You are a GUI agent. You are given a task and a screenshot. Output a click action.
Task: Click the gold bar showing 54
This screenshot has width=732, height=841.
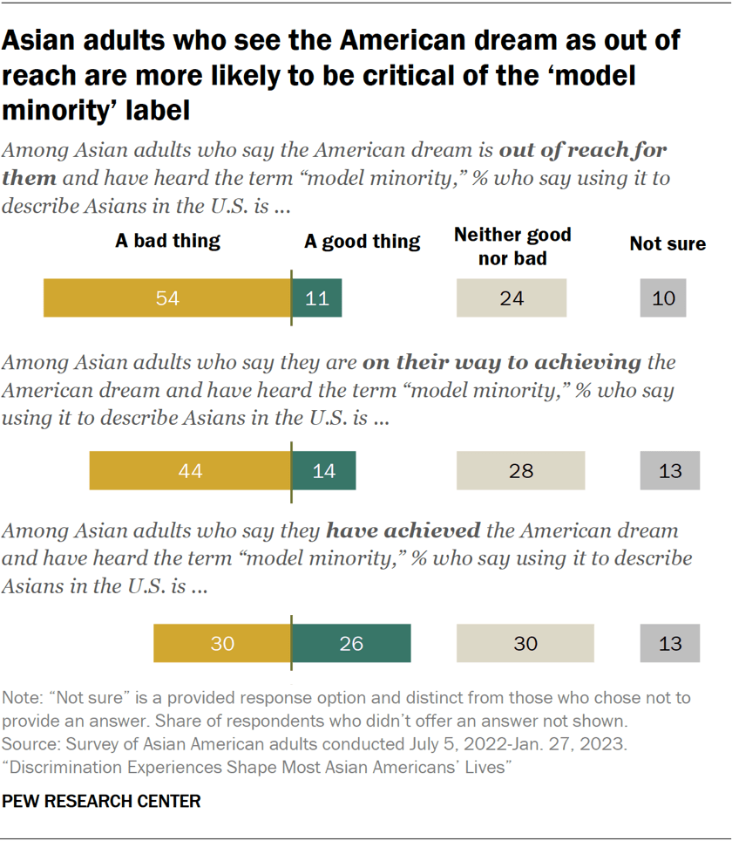tap(167, 298)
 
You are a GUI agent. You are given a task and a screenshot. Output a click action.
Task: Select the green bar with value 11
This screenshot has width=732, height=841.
tap(316, 298)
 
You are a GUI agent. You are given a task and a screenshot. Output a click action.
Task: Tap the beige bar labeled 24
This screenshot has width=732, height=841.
tap(512, 298)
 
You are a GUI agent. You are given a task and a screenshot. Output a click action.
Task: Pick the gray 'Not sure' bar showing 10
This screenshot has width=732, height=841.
tap(663, 298)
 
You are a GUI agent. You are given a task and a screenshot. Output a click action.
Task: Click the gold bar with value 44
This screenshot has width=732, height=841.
tap(190, 471)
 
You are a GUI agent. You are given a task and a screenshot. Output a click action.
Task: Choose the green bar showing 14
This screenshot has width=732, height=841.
tap(323, 471)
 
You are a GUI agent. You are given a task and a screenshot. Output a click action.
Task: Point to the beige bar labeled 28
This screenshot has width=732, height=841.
tap(520, 471)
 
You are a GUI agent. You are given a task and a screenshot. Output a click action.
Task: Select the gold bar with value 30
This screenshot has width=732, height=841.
tap(222, 644)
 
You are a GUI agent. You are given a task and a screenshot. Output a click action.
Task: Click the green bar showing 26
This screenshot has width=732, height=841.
tap(351, 644)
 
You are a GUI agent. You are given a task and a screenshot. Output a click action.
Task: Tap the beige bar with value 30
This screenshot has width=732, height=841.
tap(525, 644)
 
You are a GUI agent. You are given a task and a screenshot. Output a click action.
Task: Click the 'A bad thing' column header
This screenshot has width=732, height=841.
tap(167, 242)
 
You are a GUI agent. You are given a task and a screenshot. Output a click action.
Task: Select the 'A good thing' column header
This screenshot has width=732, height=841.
tap(362, 242)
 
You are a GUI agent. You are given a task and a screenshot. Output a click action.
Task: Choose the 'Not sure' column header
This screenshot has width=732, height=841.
tap(668, 243)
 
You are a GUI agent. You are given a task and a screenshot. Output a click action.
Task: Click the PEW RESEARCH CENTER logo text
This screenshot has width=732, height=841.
tap(102, 801)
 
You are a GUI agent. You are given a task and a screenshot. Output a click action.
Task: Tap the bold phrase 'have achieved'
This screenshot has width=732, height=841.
tap(403, 531)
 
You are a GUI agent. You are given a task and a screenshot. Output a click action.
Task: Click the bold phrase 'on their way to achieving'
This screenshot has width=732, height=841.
tap(502, 362)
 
